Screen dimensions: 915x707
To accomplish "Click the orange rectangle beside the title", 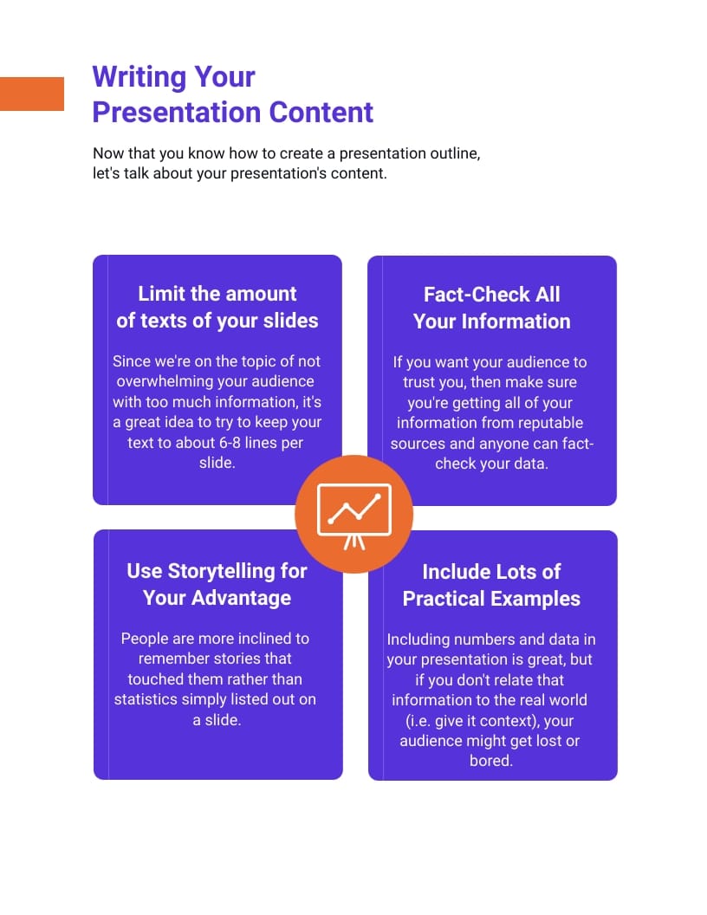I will pyautogui.click(x=32, y=94).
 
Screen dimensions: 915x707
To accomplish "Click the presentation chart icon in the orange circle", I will pyautogui.click(x=353, y=515).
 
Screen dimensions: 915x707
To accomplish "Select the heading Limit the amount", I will pyautogui.click(x=217, y=294).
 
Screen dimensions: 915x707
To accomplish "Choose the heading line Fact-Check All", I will pyautogui.click(x=491, y=295).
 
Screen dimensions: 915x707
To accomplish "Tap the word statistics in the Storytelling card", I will pyautogui.click(x=148, y=699).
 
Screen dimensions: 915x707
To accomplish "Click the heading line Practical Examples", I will pyautogui.click(x=491, y=599).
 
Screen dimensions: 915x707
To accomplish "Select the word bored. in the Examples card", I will pyautogui.click(x=490, y=762).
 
